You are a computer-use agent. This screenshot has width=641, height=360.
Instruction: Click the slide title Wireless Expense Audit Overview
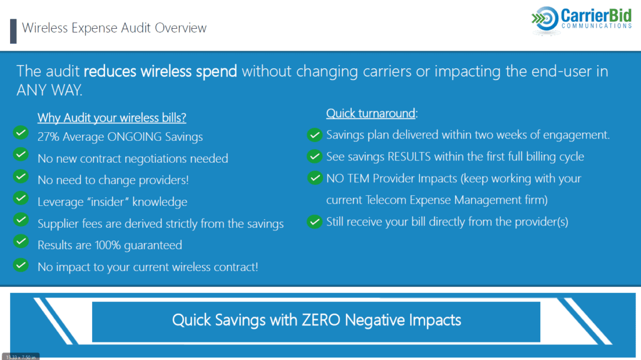pos(114,28)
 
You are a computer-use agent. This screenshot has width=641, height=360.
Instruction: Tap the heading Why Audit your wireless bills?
pos(112,118)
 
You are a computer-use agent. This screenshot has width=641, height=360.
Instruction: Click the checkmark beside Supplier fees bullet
pos(21,220)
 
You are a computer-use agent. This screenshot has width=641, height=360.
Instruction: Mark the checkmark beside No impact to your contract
pos(21,264)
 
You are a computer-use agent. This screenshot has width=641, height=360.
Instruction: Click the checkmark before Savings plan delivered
pos(314,135)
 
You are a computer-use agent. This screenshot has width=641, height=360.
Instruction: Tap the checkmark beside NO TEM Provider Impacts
pos(314,178)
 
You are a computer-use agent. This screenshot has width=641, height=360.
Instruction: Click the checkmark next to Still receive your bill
pos(314,222)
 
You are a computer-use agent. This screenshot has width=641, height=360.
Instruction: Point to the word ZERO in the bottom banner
pos(321,321)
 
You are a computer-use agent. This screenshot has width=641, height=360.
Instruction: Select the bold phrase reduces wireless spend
pos(160,71)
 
